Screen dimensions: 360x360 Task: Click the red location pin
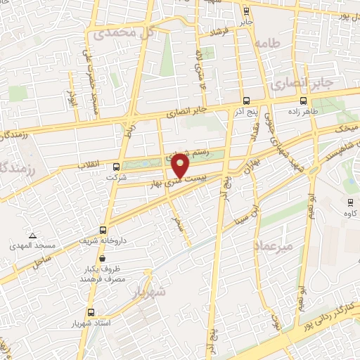click(181, 165)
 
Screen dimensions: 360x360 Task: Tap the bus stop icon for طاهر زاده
click(303, 100)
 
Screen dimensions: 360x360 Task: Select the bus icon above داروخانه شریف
click(104, 229)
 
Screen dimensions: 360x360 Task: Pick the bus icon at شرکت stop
click(116, 166)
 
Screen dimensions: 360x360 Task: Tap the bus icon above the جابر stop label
click(245, 11)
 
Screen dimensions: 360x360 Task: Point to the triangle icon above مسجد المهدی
click(32, 235)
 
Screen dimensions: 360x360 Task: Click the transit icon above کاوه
click(349, 201)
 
